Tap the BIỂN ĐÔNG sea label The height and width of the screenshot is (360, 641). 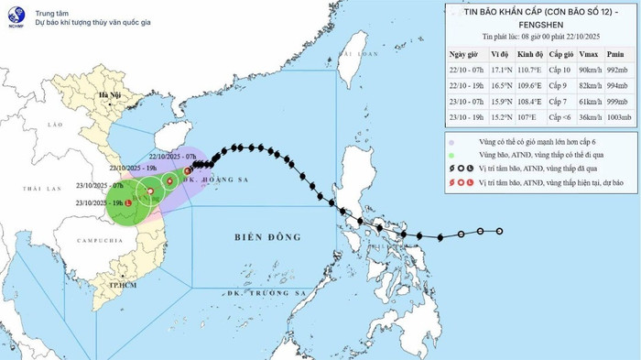click(x=261, y=236)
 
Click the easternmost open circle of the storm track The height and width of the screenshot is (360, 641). click(x=500, y=231)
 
